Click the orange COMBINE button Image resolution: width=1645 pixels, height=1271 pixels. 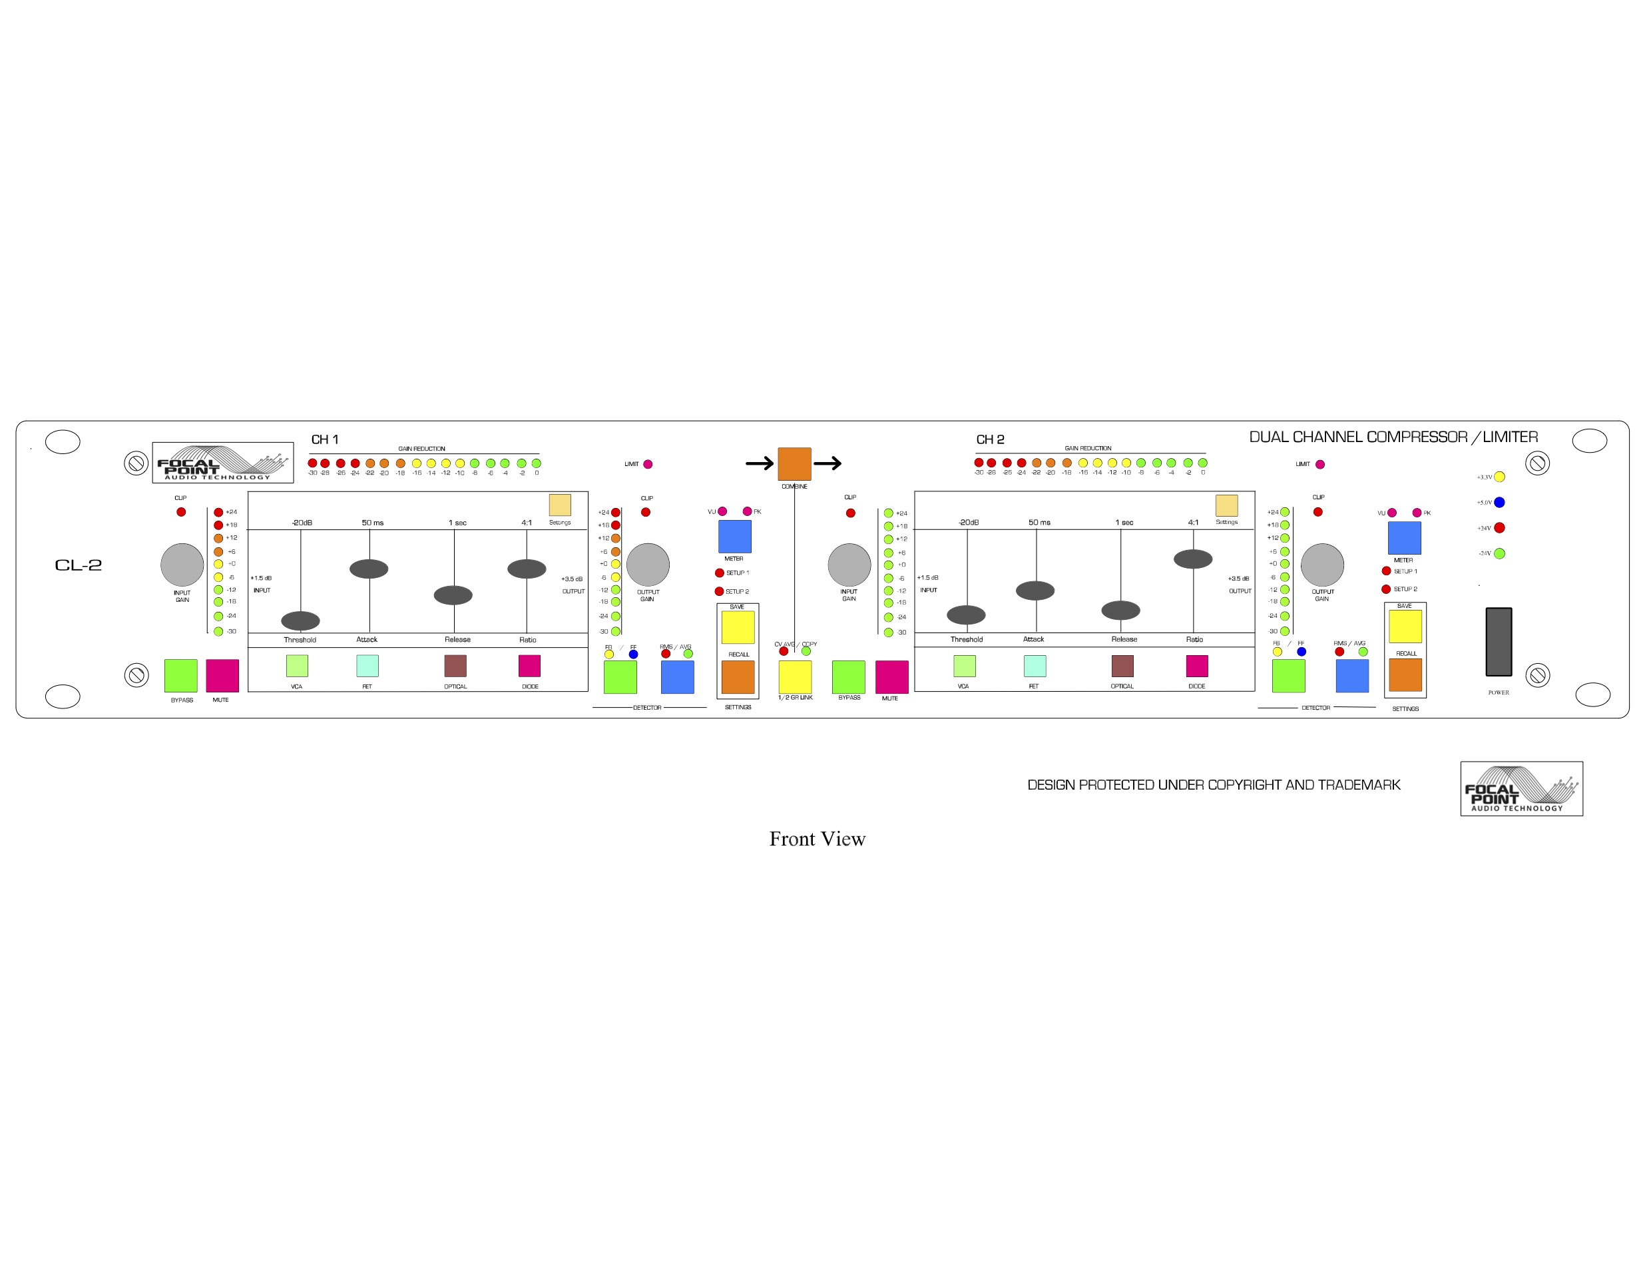(x=794, y=463)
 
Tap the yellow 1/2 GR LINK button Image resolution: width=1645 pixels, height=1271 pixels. (x=795, y=676)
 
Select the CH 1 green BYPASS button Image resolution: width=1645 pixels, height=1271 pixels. (x=181, y=675)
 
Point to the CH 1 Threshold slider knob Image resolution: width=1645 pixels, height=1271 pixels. (x=300, y=620)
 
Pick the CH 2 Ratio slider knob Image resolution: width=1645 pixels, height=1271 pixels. (x=1192, y=559)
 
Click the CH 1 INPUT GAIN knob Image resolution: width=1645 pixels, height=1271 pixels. (x=182, y=565)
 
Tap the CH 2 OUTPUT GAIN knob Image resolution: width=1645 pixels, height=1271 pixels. (x=1322, y=565)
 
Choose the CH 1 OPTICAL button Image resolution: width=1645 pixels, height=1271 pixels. (x=455, y=665)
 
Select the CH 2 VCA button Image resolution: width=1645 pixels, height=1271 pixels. (x=964, y=665)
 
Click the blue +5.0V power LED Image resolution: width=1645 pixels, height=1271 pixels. (x=1499, y=503)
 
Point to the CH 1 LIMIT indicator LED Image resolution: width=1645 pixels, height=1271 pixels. (x=648, y=464)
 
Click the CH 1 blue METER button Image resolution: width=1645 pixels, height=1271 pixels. (x=734, y=537)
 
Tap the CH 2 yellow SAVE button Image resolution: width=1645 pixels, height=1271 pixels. (x=1405, y=626)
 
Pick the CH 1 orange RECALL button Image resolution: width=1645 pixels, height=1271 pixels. (x=738, y=676)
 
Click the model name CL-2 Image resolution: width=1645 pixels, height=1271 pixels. (x=79, y=565)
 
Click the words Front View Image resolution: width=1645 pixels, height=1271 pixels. (x=818, y=838)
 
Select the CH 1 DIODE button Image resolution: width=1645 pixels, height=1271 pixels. (x=529, y=665)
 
